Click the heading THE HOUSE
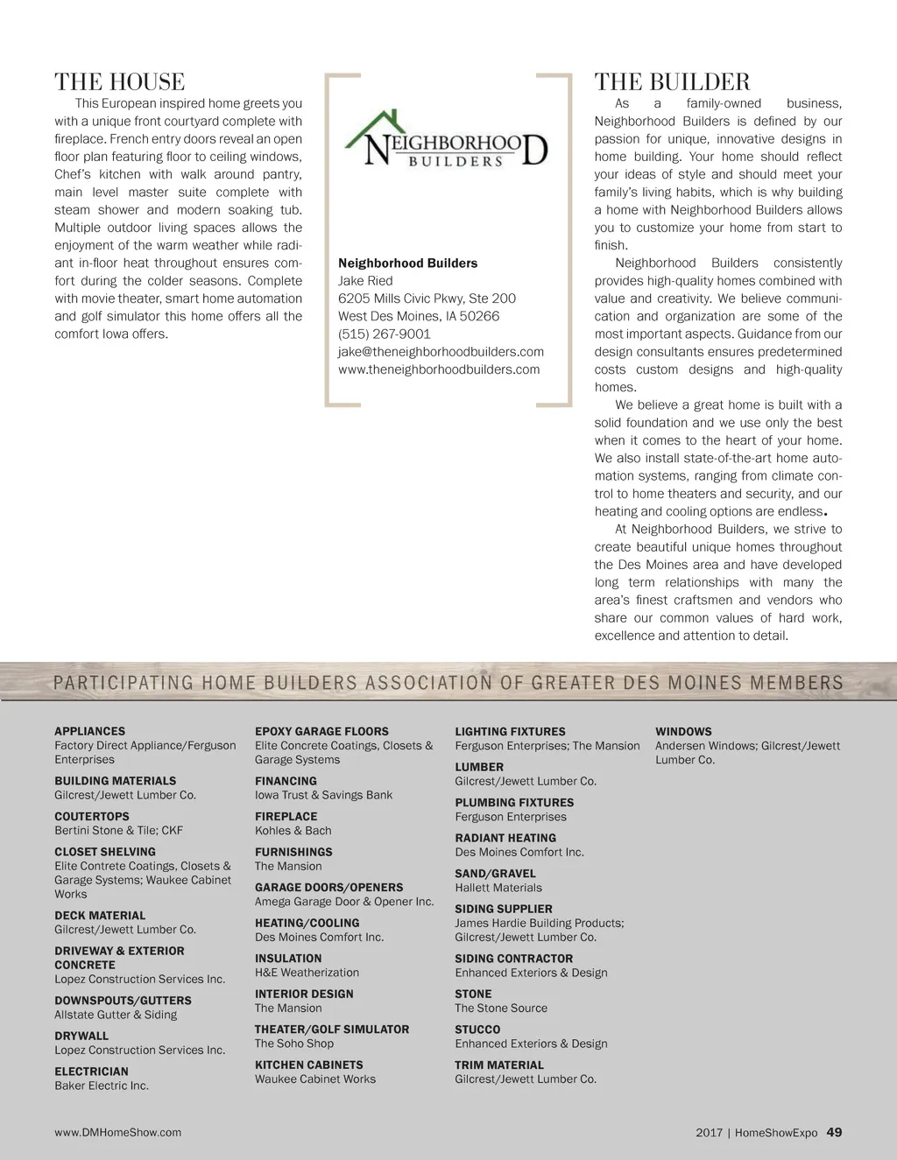tap(119, 82)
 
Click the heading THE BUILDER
tap(672, 82)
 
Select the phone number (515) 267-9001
tap(384, 334)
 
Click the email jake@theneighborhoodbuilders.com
tap(441, 352)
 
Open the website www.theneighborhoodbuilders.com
tap(439, 369)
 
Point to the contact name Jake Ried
tap(365, 281)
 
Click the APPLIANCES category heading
tap(89, 731)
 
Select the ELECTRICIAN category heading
tap(91, 1072)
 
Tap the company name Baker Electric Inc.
tap(102, 1086)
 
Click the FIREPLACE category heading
tap(286, 817)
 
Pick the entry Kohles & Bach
tap(293, 831)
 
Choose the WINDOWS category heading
tap(683, 732)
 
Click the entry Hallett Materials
tap(498, 888)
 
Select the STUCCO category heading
tap(477, 1030)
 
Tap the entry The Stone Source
tap(500, 1009)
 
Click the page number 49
tap(834, 1132)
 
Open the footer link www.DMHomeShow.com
tap(117, 1133)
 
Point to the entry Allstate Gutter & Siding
tap(116, 1015)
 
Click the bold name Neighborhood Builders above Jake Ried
tap(407, 264)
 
